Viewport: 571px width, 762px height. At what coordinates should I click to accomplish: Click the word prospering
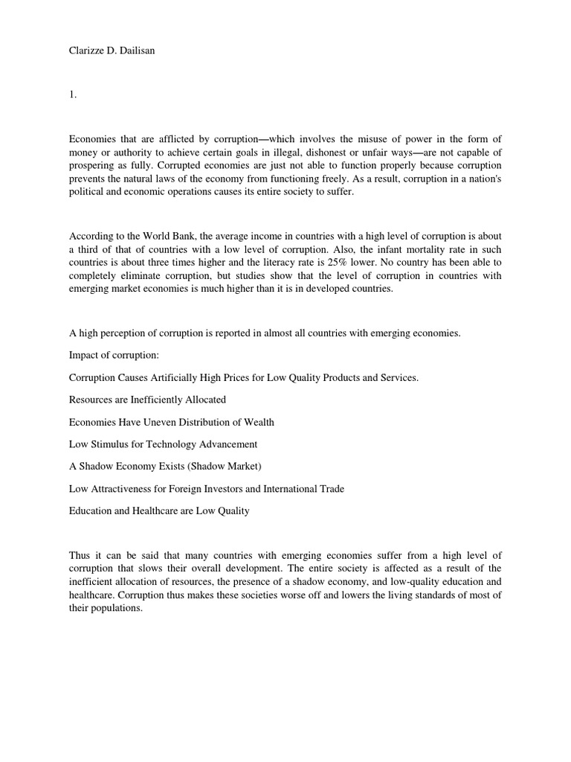[94, 164]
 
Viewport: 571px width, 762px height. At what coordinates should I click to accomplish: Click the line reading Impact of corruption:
[114, 355]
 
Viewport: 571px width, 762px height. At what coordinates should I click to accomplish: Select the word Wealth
[256, 422]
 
